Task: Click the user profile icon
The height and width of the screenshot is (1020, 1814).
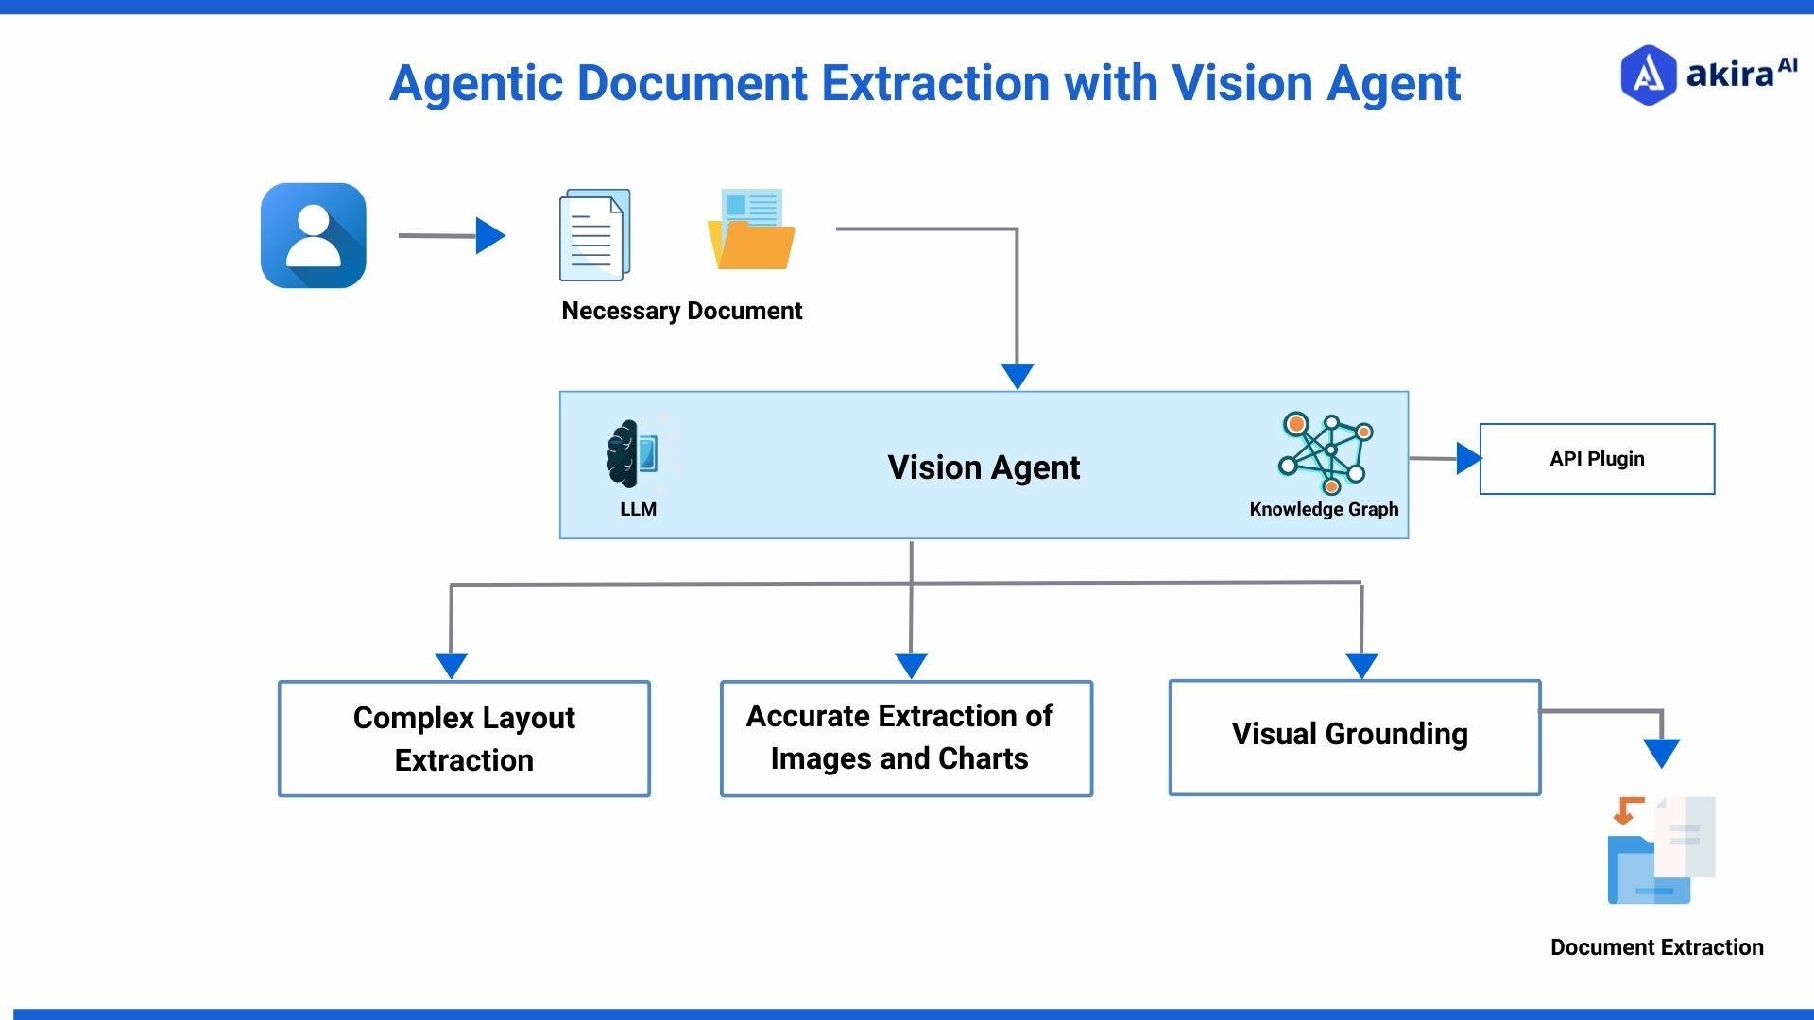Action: point(313,235)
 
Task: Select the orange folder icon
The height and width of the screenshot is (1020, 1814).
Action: point(751,231)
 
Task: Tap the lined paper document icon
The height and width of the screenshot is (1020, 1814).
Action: point(594,235)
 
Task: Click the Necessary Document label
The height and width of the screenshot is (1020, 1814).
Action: point(681,311)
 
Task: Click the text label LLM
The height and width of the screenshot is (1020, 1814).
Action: point(638,509)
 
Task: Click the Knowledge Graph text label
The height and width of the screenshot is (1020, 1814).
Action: point(1323,509)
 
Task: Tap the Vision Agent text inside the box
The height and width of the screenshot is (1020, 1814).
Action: point(983,467)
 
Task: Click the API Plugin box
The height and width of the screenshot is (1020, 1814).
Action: point(1596,459)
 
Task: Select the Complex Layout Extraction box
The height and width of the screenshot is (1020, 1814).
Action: point(464,739)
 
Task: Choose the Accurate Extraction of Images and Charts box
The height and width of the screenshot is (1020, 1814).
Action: point(905,739)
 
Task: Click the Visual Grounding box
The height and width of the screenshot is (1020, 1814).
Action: point(1354,737)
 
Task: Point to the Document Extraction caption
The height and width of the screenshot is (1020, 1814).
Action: point(1655,947)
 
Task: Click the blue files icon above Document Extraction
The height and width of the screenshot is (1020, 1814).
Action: point(1660,850)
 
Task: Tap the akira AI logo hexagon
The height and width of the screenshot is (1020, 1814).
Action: point(1647,75)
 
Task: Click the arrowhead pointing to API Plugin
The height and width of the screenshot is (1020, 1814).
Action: point(1467,459)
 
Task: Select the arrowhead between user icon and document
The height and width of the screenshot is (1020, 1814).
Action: point(489,236)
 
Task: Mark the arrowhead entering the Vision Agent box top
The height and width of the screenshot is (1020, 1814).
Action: point(1017,375)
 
